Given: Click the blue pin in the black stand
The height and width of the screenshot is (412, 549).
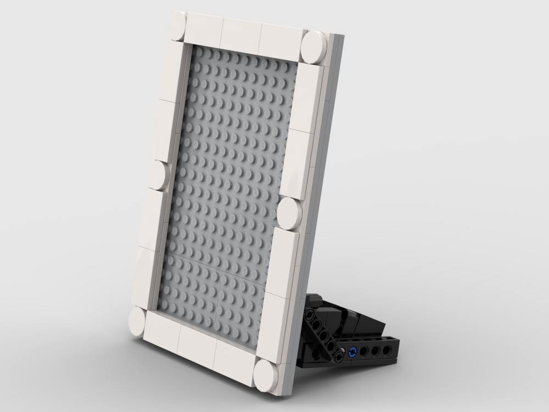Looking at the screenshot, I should pyautogui.click(x=352, y=352).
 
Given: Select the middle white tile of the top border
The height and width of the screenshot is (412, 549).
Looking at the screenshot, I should pyautogui.click(x=242, y=34).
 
